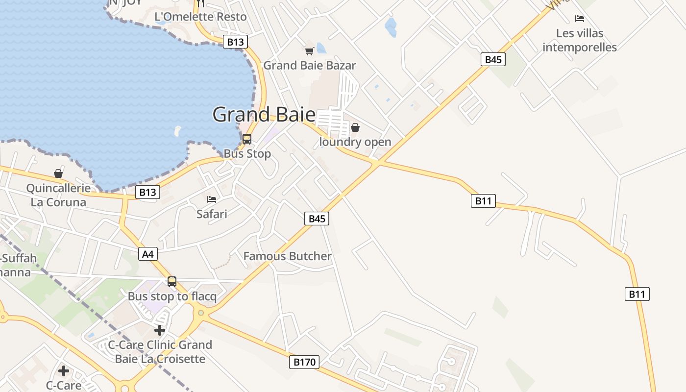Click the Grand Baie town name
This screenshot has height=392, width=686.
click(x=264, y=115)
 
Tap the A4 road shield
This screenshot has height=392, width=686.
click(x=148, y=254)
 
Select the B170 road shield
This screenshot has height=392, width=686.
click(x=304, y=362)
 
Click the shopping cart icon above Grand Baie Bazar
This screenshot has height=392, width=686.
click(x=309, y=51)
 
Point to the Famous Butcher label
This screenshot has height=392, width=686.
click(x=287, y=256)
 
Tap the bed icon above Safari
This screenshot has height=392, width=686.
click(x=212, y=199)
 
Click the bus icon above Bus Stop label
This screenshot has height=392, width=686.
click(x=247, y=139)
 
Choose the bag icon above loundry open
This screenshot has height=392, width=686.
click(x=355, y=127)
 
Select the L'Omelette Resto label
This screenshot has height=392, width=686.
click(x=200, y=17)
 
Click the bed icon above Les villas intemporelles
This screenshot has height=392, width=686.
click(x=580, y=19)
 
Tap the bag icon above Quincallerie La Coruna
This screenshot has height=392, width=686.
click(x=58, y=173)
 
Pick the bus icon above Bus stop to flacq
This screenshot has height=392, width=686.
click(x=172, y=282)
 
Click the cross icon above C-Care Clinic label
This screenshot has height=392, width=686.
click(x=160, y=330)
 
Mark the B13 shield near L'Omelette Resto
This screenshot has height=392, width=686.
click(x=235, y=42)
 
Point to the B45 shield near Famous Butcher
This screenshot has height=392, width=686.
click(x=317, y=219)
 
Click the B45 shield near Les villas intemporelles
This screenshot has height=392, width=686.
click(x=493, y=60)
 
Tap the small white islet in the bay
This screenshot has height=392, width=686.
click(x=177, y=131)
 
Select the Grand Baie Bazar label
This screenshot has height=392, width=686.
click(x=310, y=65)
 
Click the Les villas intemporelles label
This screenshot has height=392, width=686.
click(x=580, y=40)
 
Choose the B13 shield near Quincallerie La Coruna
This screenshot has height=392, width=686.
click(x=147, y=192)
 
